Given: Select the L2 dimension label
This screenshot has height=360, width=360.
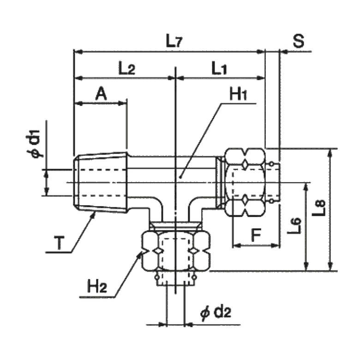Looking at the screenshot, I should (126, 69).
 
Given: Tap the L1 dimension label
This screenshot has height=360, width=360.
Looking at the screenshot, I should (220, 69).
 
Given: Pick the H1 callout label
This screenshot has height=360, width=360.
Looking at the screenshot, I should (239, 96).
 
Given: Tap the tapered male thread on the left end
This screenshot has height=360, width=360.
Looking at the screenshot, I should (100, 182).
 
